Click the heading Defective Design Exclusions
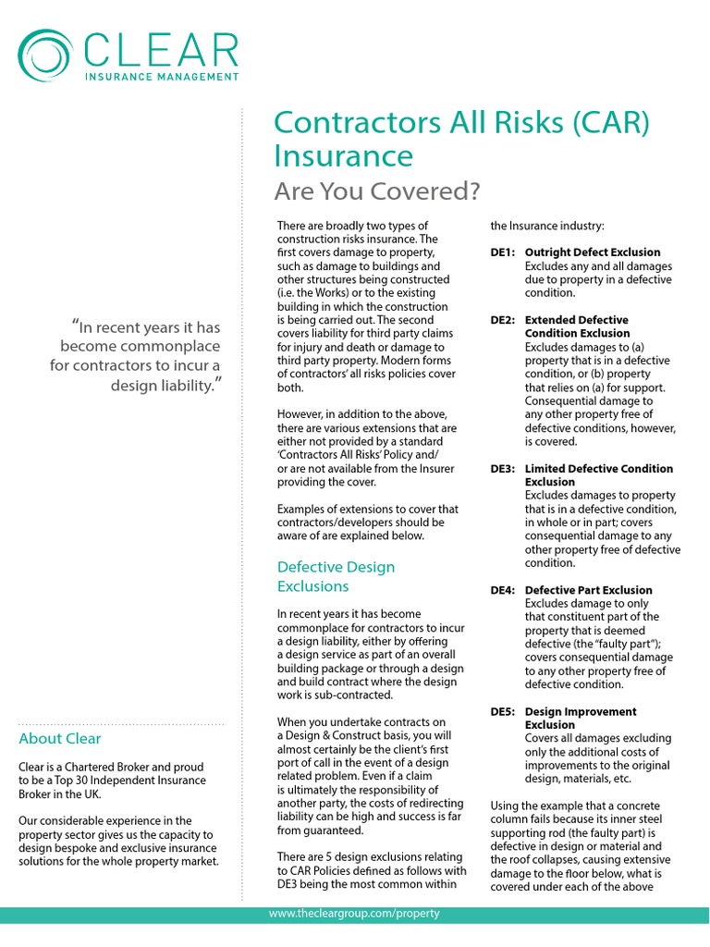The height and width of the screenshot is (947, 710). pos(336,576)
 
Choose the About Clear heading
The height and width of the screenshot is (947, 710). pos(59,738)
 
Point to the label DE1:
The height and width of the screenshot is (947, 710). pos(503,252)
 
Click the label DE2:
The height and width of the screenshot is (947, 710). pos(503,320)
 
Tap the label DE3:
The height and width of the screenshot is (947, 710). pos(503,469)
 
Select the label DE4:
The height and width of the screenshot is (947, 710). pos(503,590)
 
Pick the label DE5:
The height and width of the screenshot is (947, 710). pos(503,711)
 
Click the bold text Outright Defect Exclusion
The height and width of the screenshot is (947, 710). pos(592,252)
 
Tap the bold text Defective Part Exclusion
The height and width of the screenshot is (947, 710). pos(588,590)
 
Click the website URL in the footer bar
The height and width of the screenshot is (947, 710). pos(354,914)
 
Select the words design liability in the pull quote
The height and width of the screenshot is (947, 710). pos(164,385)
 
